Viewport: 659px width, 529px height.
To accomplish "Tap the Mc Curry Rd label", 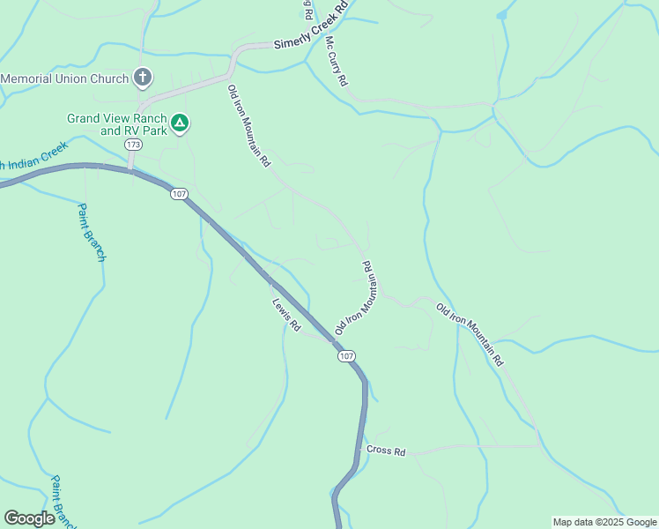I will [336, 61].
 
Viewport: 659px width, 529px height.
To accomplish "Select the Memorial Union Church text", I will [64, 78].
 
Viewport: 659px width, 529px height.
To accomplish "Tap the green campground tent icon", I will [180, 123].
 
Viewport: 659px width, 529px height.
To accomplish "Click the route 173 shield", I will [133, 144].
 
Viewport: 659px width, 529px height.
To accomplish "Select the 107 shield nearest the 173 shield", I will [180, 194].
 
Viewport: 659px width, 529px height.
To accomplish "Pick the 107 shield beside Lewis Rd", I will [346, 356].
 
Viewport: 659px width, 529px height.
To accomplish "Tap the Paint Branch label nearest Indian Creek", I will [91, 232].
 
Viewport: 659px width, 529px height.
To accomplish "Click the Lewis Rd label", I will [286, 315].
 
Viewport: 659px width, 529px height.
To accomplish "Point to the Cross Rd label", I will [386, 451].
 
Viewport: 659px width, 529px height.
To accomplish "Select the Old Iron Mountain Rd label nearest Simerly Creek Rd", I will [248, 125].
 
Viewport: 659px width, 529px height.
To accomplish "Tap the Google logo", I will [29, 518].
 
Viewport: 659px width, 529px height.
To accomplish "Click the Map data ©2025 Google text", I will [603, 522].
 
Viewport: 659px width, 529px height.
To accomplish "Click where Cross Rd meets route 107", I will [361, 451].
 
